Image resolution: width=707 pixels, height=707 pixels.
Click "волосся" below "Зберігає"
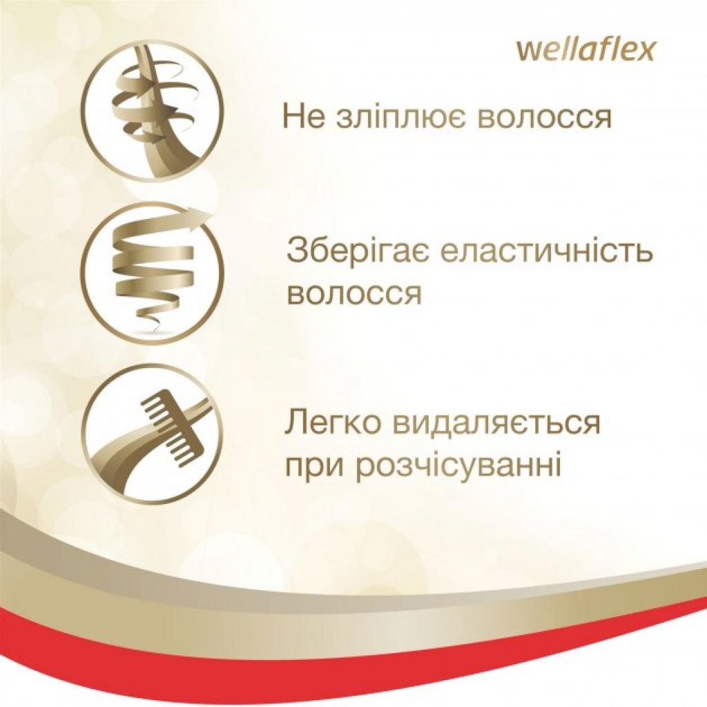coord(353,294)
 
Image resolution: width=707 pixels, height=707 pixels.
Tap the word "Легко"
coord(330,423)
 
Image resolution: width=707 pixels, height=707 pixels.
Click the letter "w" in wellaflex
coord(525,52)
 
